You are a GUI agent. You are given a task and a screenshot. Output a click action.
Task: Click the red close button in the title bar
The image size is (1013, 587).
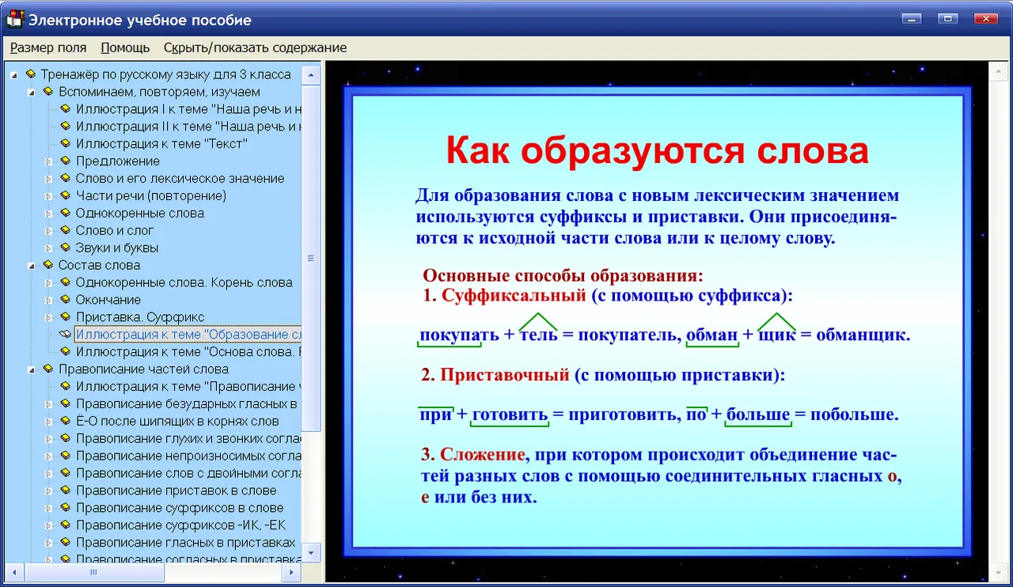click(986, 18)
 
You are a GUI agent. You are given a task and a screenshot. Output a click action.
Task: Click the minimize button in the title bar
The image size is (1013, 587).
click(912, 18)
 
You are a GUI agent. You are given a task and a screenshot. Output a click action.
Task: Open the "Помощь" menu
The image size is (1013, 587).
click(125, 47)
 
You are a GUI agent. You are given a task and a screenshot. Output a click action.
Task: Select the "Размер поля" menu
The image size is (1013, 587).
click(48, 47)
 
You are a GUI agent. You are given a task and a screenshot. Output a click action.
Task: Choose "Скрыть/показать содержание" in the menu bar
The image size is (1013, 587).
click(255, 47)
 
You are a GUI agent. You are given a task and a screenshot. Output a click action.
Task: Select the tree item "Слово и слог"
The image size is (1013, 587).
click(115, 230)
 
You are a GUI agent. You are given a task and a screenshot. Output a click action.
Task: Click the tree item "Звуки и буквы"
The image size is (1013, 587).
click(117, 248)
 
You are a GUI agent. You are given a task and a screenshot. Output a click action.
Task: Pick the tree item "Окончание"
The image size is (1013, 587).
click(108, 300)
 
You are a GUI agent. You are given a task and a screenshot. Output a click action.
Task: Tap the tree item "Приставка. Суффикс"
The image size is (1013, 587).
click(140, 317)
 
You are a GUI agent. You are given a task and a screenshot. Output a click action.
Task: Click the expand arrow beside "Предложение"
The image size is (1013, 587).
click(48, 161)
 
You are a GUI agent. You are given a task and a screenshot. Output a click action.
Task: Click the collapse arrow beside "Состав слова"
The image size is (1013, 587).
click(31, 266)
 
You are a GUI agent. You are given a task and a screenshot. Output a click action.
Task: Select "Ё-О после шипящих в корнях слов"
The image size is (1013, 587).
click(177, 421)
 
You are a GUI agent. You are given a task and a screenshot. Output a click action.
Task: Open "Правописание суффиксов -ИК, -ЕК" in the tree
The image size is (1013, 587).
click(181, 525)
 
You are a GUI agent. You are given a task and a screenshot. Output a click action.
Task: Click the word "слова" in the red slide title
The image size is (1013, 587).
click(813, 150)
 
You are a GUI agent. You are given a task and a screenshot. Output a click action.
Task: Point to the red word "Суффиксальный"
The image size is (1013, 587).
click(514, 296)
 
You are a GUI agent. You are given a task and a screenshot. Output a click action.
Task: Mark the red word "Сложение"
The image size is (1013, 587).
click(483, 454)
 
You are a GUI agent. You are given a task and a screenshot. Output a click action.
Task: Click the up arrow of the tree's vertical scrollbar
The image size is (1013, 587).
click(311, 75)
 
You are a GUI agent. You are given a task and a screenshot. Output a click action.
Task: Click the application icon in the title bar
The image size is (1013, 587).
click(14, 19)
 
